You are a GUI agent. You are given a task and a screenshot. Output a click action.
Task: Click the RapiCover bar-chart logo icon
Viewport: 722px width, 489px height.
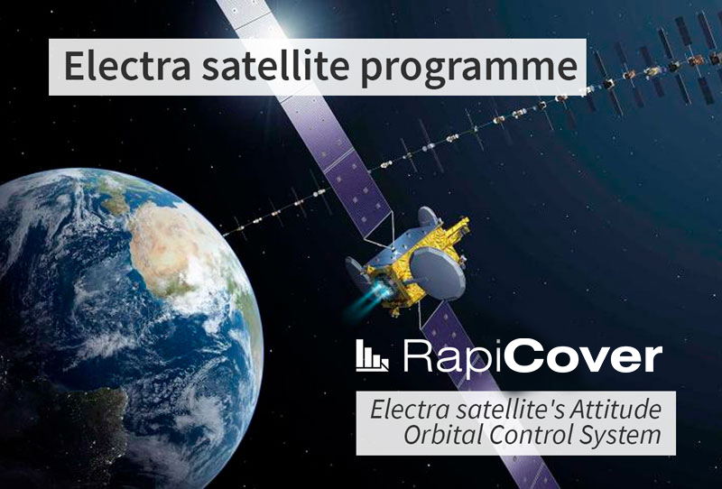[372, 356]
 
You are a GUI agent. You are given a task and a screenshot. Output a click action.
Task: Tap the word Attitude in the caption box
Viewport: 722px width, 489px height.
[616, 410]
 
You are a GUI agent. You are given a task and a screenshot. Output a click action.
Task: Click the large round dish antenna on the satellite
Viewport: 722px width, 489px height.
[437, 274]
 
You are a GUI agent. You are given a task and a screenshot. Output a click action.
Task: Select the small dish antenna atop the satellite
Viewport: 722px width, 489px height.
[427, 217]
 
